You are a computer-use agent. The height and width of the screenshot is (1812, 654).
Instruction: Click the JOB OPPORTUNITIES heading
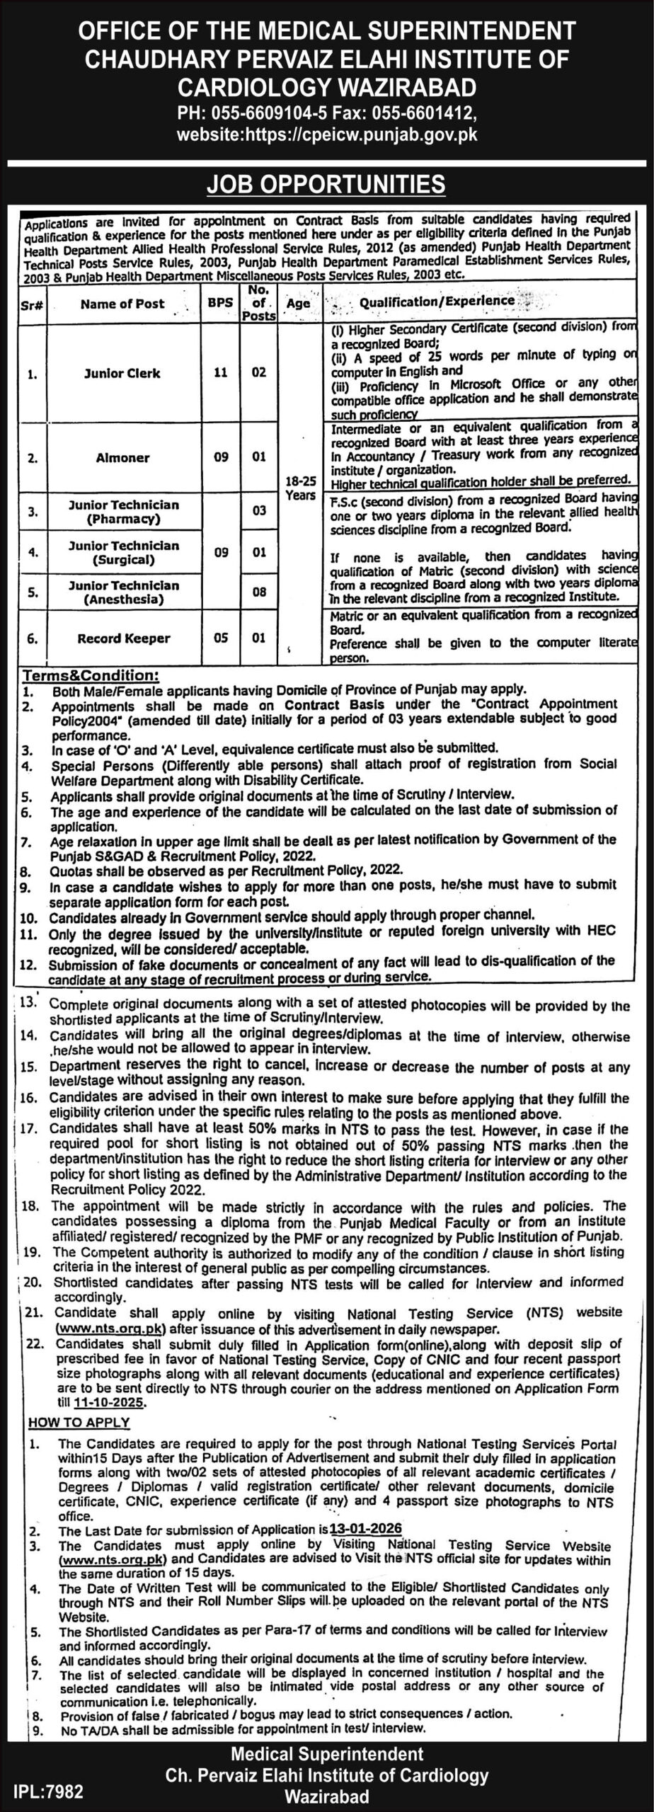point(326,184)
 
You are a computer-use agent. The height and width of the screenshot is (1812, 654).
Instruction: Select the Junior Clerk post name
point(122,373)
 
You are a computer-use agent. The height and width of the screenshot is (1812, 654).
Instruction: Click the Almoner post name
point(122,458)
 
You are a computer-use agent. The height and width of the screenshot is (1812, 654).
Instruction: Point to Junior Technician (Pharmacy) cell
point(123,512)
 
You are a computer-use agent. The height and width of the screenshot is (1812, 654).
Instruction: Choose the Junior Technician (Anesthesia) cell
point(123,592)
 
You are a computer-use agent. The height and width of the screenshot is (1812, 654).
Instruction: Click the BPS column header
point(219,304)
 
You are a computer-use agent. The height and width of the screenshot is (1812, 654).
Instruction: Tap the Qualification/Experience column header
point(437,301)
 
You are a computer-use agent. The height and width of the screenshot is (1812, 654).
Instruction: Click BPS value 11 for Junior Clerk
point(220,372)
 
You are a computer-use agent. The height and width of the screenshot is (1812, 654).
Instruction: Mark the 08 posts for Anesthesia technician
point(259,592)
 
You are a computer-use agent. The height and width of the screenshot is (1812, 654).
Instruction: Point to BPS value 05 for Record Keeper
point(220,638)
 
